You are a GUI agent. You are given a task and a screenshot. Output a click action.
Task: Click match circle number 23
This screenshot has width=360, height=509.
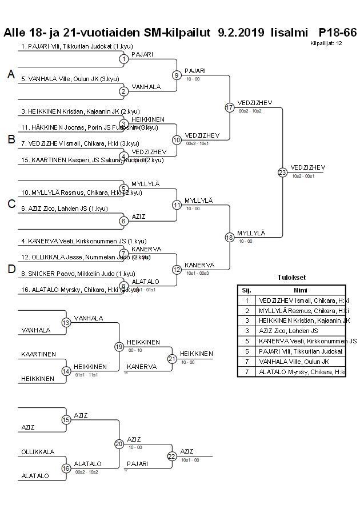coord(282,172)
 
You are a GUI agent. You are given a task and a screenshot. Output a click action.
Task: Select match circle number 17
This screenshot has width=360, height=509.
coord(230,107)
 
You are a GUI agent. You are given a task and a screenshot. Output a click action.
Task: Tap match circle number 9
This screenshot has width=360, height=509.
coord(177,75)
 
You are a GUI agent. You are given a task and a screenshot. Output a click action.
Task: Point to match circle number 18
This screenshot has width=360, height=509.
coord(230,237)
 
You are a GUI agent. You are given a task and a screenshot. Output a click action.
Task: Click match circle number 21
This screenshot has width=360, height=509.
coord(172,359)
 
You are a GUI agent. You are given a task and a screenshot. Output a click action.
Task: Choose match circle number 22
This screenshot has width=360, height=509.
coord(172,456)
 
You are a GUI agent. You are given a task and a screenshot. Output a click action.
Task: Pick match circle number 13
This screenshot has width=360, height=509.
coord(66,323)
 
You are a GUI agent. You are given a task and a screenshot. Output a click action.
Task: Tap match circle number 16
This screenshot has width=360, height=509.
coord(66,468)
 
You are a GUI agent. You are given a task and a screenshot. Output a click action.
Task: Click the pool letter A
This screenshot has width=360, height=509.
coord(10,74)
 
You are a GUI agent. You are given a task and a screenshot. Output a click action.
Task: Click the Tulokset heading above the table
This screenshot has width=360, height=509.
coord(291,278)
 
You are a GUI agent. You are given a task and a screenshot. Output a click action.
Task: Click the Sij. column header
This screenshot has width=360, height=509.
coord(247,290)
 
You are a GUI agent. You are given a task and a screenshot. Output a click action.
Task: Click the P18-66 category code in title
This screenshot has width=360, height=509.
coord(338,33)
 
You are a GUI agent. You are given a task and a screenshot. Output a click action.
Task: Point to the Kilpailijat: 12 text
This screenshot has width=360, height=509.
coord(326,43)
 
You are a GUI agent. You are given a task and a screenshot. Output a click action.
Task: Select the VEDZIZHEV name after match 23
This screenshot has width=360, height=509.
coord(308,167)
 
